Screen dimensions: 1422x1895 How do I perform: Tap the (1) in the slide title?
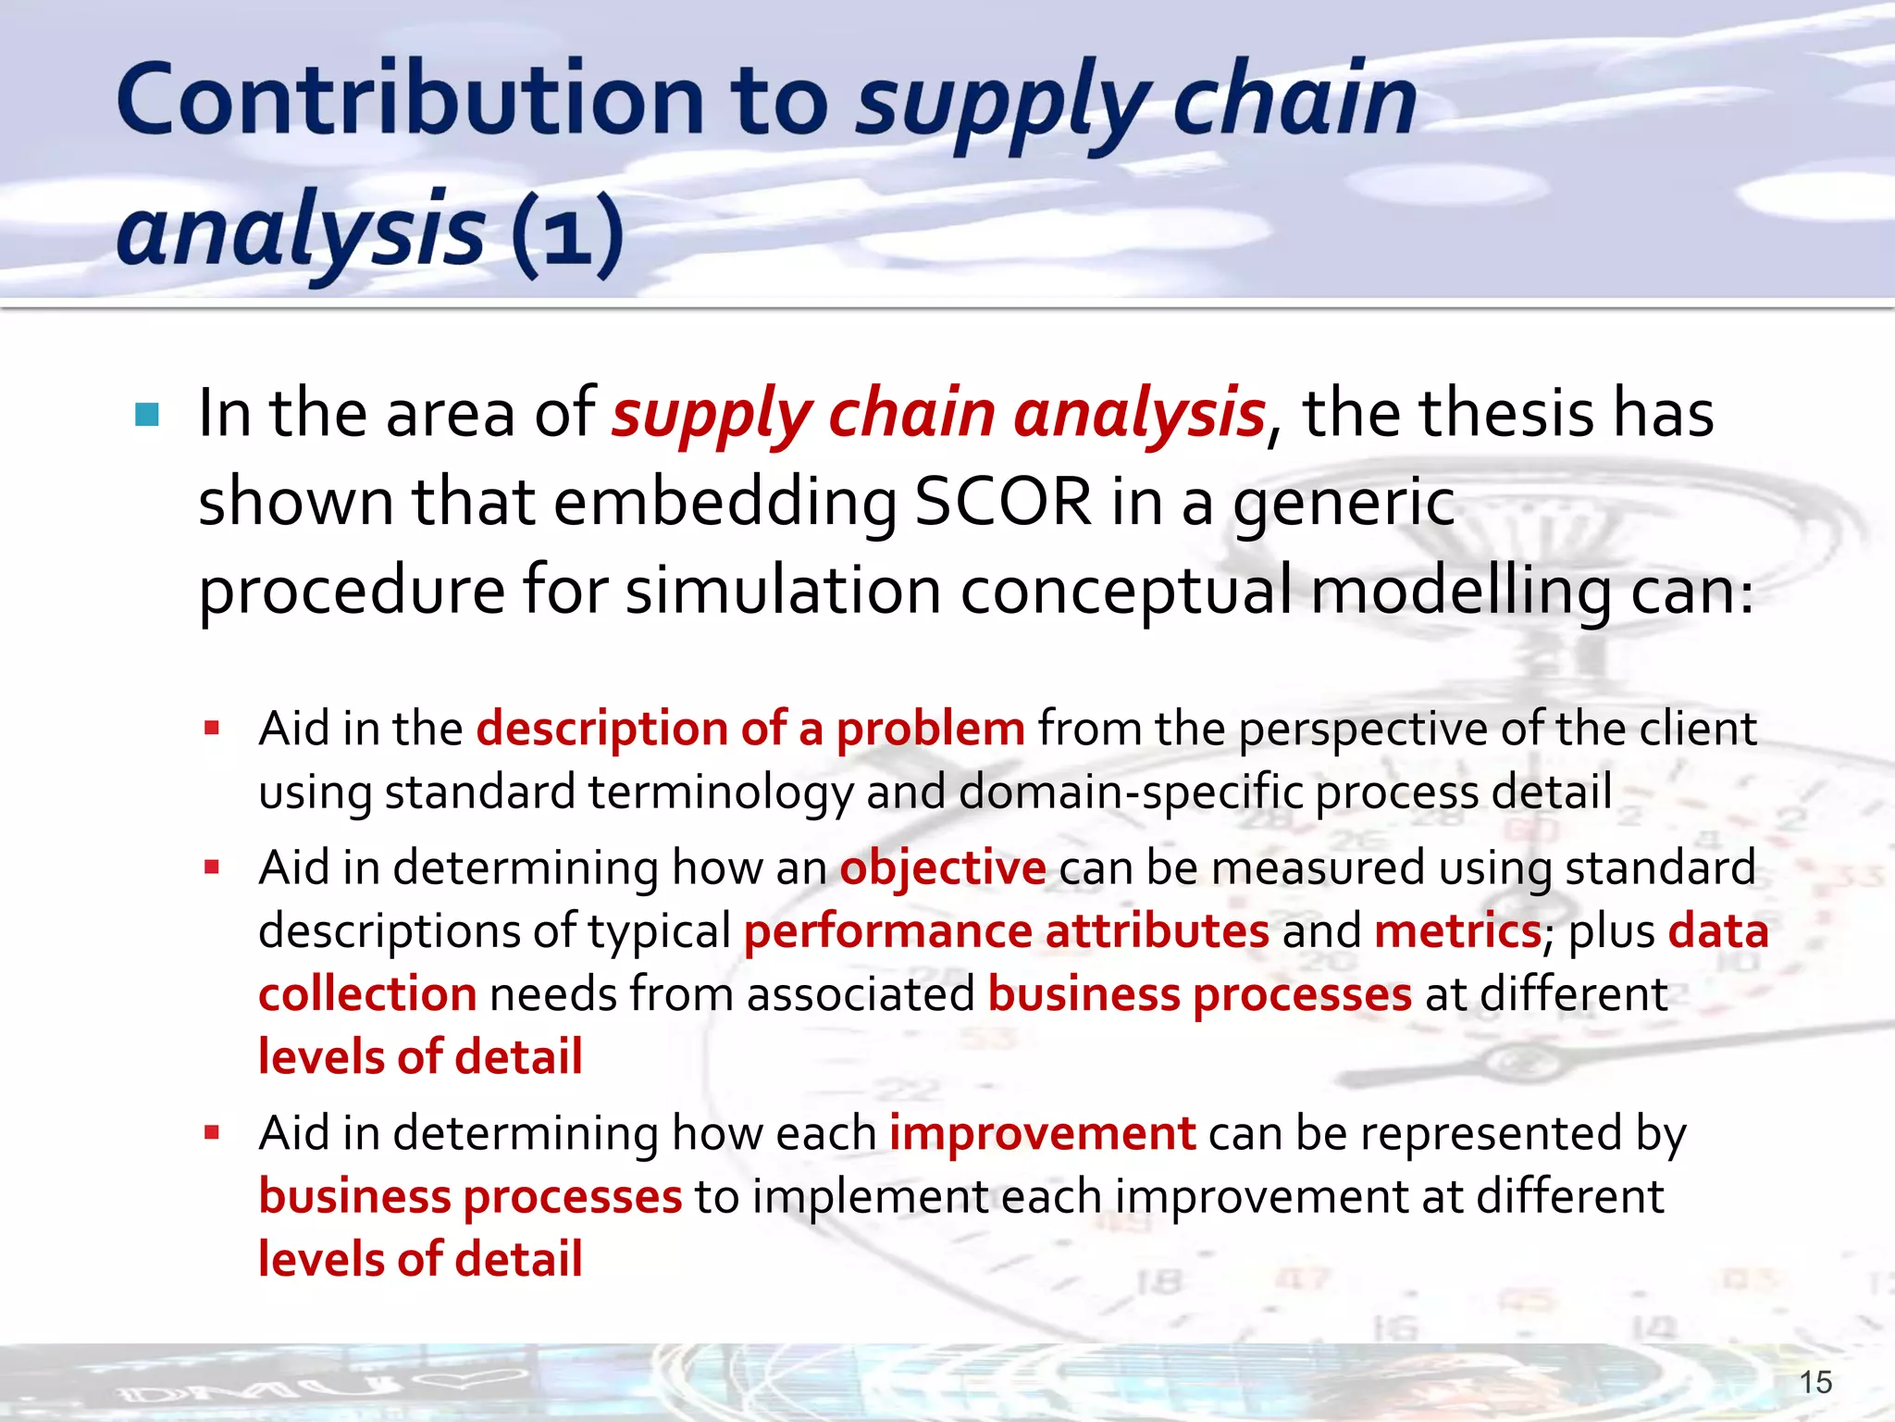(567, 232)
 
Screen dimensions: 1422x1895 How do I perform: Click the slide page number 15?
(1815, 1382)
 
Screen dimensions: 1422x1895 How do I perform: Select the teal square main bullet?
(147, 414)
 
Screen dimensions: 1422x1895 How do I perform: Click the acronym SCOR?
(1003, 502)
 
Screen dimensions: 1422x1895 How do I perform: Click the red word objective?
(942, 867)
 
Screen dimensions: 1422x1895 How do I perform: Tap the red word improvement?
(1042, 1133)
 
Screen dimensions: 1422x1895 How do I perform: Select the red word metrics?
(1457, 930)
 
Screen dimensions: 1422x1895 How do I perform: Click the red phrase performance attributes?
(1006, 930)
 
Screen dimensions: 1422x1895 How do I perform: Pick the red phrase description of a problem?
(750, 729)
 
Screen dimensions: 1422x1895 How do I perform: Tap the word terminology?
(720, 792)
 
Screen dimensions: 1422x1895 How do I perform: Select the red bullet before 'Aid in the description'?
(213, 729)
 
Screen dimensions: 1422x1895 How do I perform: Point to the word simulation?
(783, 591)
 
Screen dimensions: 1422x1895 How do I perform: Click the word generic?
(1344, 502)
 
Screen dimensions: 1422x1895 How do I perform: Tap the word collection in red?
(367, 994)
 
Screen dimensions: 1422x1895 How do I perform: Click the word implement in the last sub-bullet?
(871, 1196)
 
